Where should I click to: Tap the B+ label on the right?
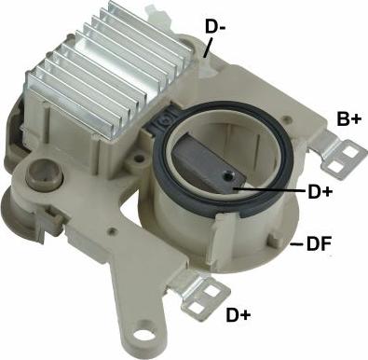point(348,118)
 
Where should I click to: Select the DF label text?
point(320,244)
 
